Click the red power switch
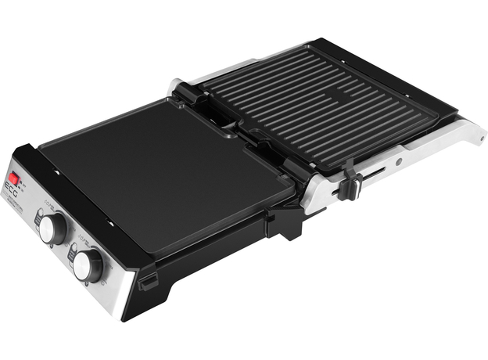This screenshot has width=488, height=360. [14, 179]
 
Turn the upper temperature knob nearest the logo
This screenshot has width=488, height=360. [52, 228]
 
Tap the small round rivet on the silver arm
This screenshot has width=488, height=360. [398, 162]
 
